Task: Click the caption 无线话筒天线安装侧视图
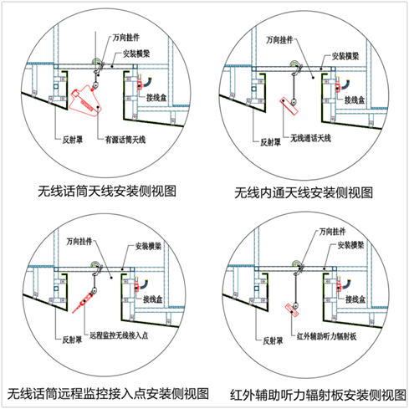pyautogui.click(x=107, y=192)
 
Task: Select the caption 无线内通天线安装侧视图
pyautogui.click(x=304, y=193)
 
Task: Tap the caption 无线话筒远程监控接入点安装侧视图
pyautogui.click(x=108, y=394)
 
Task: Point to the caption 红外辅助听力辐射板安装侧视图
pyautogui.click(x=318, y=395)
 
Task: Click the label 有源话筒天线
pyautogui.click(x=125, y=140)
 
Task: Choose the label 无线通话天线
pyautogui.click(x=310, y=138)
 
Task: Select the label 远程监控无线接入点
pyautogui.click(x=119, y=335)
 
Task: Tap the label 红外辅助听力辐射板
pyautogui.click(x=326, y=336)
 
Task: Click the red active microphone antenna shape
pyautogui.click(x=85, y=102)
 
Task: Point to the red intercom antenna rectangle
pyautogui.click(x=289, y=106)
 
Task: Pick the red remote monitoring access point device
pyautogui.click(x=82, y=303)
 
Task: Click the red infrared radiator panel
pyautogui.click(x=292, y=309)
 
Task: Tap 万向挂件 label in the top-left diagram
pyautogui.click(x=126, y=38)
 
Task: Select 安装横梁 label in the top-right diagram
pyautogui.click(x=345, y=56)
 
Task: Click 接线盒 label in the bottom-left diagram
pyautogui.click(x=153, y=299)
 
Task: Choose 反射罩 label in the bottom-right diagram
pyautogui.click(x=273, y=340)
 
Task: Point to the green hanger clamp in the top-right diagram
pyautogui.click(x=294, y=64)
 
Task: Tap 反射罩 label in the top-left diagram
pyautogui.click(x=73, y=140)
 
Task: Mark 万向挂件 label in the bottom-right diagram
pyautogui.click(x=332, y=232)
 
